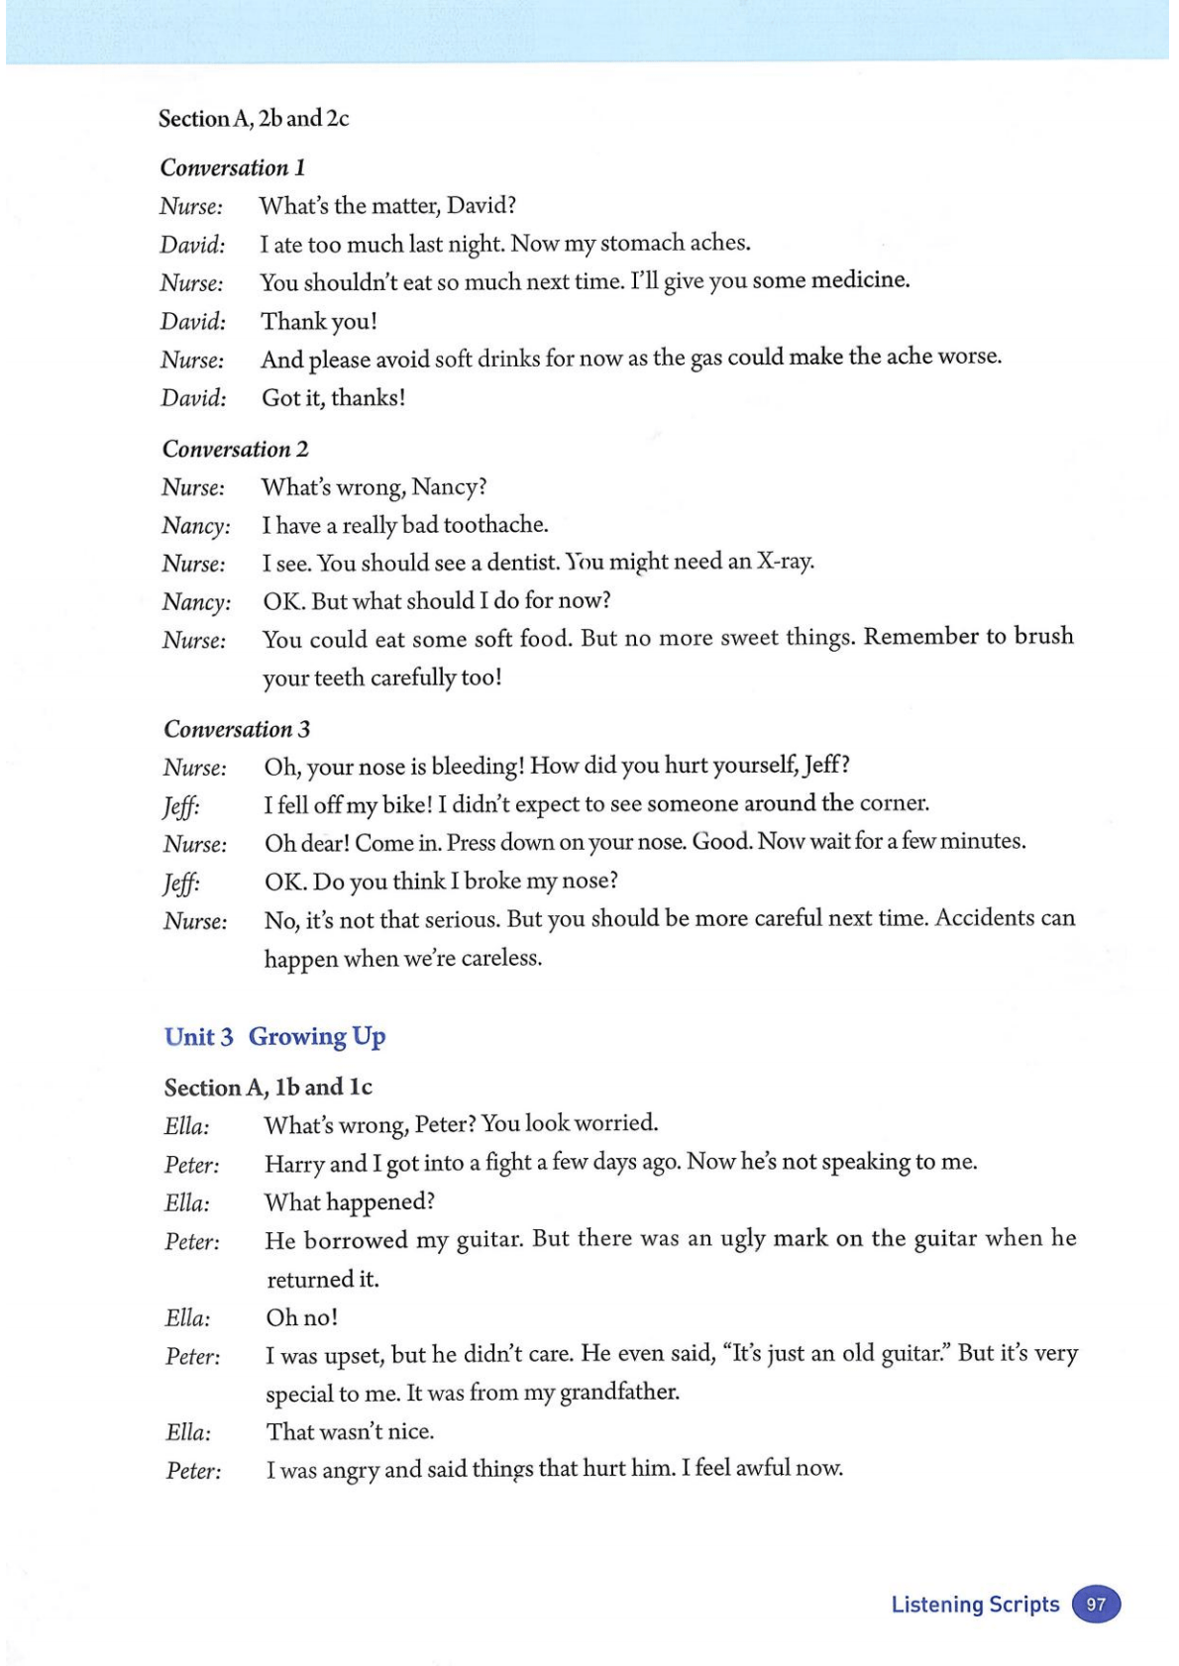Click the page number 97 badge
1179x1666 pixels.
(1095, 1605)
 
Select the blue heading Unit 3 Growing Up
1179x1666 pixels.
(274, 1037)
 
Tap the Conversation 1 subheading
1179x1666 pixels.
(232, 167)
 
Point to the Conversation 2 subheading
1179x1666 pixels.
(235, 449)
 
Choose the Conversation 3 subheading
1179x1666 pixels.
(236, 729)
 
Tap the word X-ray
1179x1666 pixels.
(785, 562)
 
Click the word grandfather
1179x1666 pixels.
(619, 1393)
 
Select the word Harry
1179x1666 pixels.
(294, 1163)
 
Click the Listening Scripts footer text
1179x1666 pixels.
(975, 1605)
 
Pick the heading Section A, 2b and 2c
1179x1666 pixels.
(254, 119)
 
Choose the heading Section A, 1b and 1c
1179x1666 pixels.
(268, 1088)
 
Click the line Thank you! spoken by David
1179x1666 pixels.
(318, 321)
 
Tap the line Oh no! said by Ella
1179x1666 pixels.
(301, 1317)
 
